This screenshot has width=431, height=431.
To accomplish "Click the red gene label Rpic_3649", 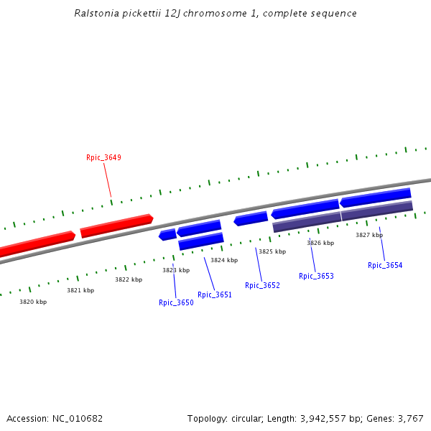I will pyautogui.click(x=103, y=157).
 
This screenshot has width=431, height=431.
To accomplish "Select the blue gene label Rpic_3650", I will pyautogui.click(x=176, y=302).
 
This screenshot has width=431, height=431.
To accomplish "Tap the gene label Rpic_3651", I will pyautogui.click(x=215, y=295).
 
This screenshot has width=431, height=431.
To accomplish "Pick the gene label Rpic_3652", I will pyautogui.click(x=262, y=285).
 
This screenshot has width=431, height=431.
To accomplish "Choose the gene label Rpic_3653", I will pyautogui.click(x=316, y=276).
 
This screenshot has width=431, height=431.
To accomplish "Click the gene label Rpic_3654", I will pyautogui.click(x=385, y=265).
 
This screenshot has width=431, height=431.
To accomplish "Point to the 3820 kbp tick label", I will pyautogui.click(x=33, y=302).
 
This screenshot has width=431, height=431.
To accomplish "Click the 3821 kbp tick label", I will pyautogui.click(x=80, y=290).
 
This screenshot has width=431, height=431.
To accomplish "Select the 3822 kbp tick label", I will pyautogui.click(x=129, y=279).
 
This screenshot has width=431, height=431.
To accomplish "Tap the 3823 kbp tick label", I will pyautogui.click(x=176, y=270).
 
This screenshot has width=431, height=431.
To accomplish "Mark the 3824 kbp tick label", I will pyautogui.click(x=224, y=260).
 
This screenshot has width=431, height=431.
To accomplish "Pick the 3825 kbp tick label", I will pyautogui.click(x=272, y=251).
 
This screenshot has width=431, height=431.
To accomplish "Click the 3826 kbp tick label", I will pyautogui.click(x=320, y=243).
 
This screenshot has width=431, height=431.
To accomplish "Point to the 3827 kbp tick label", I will pyautogui.click(x=369, y=235).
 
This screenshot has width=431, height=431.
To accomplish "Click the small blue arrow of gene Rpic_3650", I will pyautogui.click(x=167, y=234).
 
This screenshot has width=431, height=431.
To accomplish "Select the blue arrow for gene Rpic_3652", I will pyautogui.click(x=251, y=218).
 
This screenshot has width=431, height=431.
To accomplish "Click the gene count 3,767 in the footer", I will pyautogui.click(x=410, y=418).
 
